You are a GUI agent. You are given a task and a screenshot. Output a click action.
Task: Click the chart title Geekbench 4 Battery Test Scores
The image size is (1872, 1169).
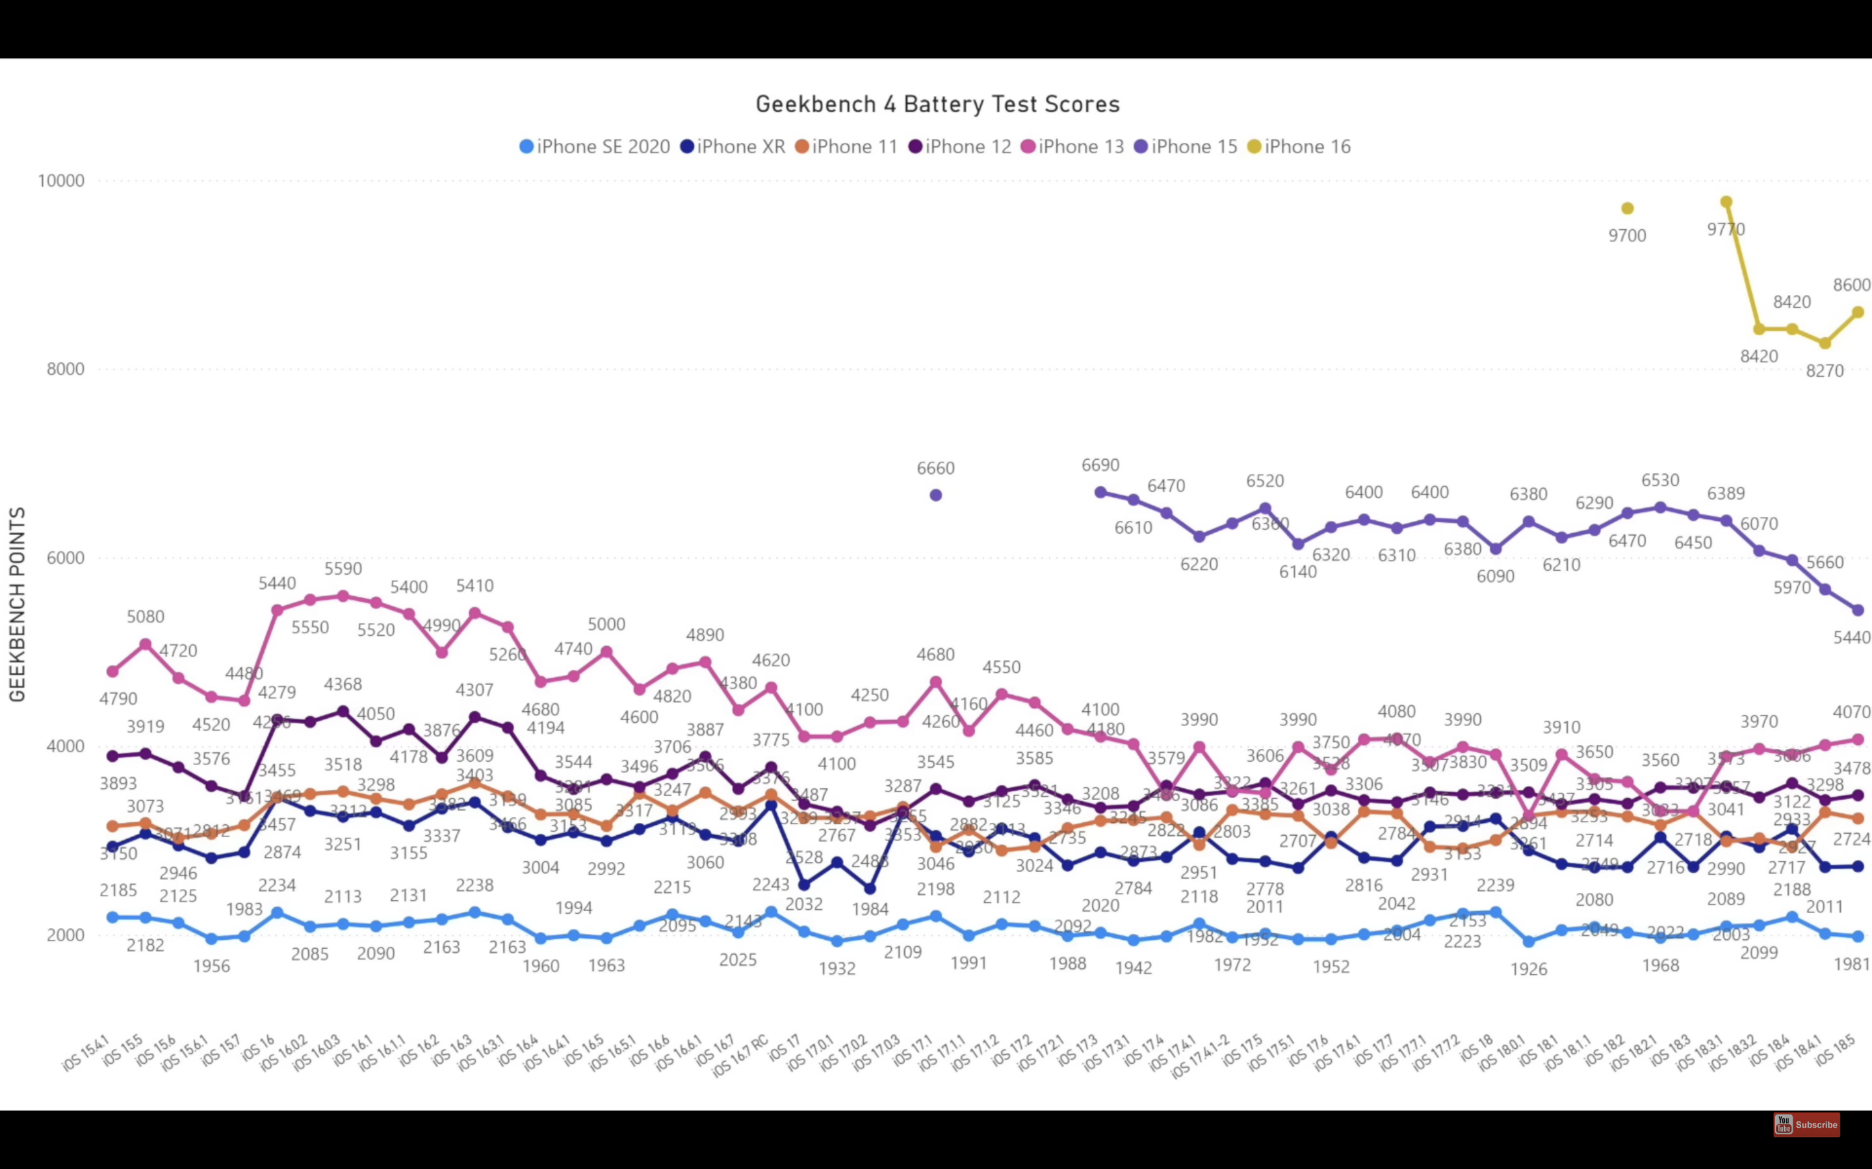click(x=937, y=105)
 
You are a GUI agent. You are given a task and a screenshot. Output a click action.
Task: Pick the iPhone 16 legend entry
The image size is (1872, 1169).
click(x=1299, y=147)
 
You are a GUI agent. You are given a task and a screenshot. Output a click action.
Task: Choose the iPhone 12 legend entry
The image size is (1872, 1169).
click(x=960, y=147)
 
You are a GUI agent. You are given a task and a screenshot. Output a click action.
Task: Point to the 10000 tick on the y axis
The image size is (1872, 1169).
click(x=61, y=181)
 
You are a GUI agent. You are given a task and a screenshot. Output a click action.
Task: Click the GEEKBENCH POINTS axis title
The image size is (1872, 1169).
click(x=17, y=604)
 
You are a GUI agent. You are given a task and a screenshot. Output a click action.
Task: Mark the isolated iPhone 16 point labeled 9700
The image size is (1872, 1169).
click(x=1628, y=208)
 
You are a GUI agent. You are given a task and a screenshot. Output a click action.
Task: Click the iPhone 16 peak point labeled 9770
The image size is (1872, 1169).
click(x=1726, y=203)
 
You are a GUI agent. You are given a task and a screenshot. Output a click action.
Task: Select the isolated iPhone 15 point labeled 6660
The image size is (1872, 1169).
click(x=936, y=495)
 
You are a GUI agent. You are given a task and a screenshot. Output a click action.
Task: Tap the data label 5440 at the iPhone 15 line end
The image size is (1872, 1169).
click(x=1852, y=638)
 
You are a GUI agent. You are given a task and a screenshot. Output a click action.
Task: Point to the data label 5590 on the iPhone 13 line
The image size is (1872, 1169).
click(x=343, y=569)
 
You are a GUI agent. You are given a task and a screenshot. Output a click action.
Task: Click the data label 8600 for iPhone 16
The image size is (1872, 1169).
click(x=1852, y=285)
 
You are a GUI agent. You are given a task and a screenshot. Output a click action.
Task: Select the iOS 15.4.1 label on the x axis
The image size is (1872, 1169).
click(x=86, y=1055)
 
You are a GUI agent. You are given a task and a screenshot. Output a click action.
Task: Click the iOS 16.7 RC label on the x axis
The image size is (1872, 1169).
click(x=740, y=1056)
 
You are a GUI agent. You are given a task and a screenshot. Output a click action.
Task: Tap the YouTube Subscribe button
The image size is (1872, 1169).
click(x=1806, y=1124)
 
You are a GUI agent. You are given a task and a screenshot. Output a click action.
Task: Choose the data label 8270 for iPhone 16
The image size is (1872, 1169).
click(x=1825, y=371)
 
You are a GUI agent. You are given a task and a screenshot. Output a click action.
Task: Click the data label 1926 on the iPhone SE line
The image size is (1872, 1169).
click(x=1529, y=970)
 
